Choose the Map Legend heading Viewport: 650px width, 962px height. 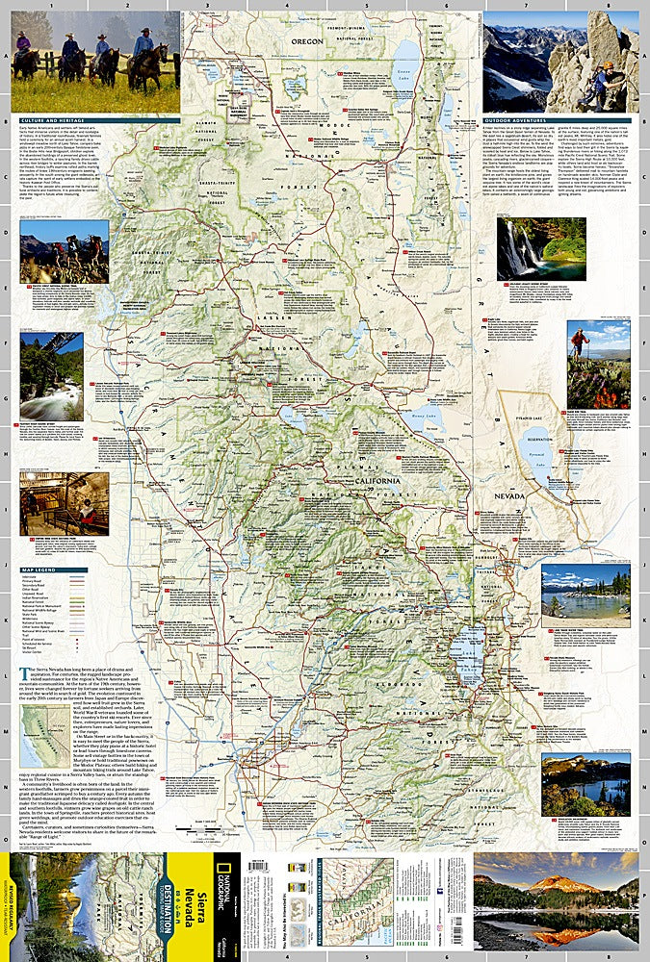tap(35, 570)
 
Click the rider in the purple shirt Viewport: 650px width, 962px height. tap(23, 43)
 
